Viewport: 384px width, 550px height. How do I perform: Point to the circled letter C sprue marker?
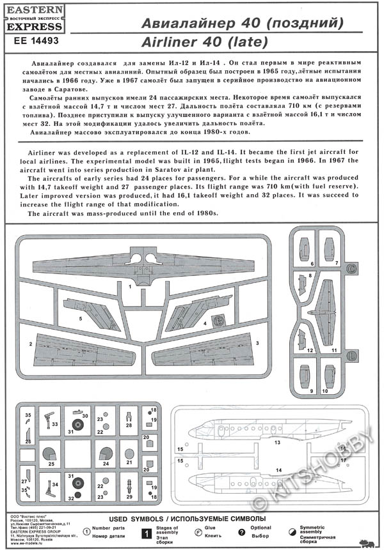351,269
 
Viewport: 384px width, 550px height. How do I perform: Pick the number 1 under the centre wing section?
129,287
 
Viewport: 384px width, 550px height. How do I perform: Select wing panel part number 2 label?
30,344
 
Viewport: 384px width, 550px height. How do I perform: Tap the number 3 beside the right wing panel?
257,342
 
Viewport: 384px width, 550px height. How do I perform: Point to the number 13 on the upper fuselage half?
278,441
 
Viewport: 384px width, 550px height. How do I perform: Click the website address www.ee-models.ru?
29,544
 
